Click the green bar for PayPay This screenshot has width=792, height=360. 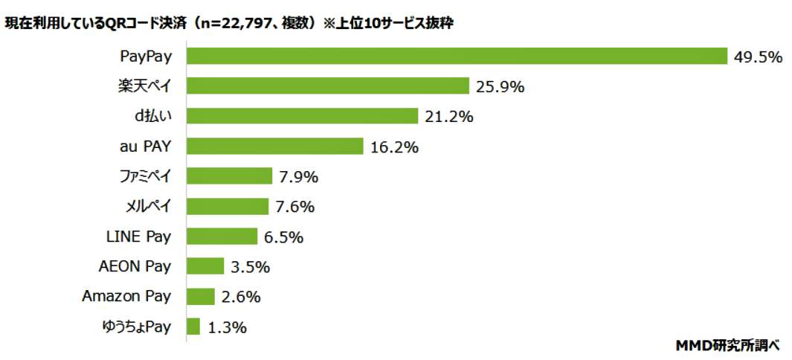tap(456, 57)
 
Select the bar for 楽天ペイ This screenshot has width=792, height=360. tap(327, 86)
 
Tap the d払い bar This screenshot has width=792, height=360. tap(302, 116)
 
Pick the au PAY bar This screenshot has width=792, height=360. tap(274, 147)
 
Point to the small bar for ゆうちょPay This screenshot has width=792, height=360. tap(193, 327)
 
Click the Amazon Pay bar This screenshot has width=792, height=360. tap(200, 296)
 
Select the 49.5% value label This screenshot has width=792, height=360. tap(757, 57)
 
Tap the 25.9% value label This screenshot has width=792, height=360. tap(500, 87)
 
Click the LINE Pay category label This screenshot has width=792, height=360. tap(138, 237)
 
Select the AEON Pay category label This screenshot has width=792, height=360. tap(135, 266)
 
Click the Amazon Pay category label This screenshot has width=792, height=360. tap(126, 296)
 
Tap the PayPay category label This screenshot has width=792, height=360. tap(145, 57)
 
